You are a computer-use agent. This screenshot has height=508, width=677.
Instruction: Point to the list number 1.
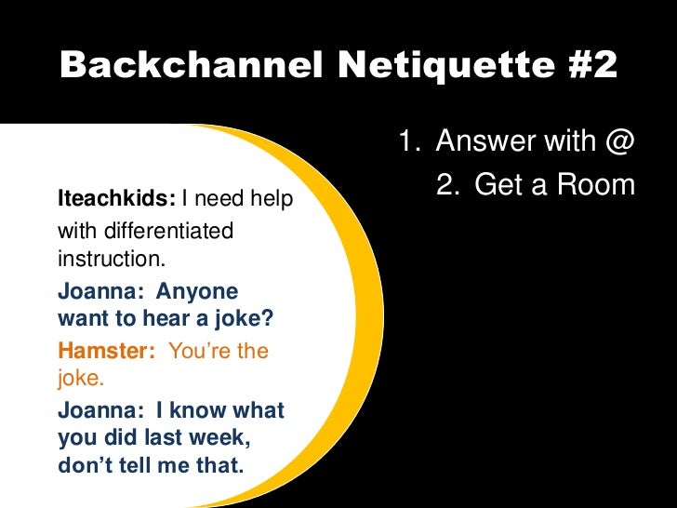click(407, 143)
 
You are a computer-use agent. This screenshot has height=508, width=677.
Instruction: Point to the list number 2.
click(446, 186)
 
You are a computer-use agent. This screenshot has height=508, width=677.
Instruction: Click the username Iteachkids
click(115, 199)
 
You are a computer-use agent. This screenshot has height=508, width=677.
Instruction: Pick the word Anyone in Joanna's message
click(197, 291)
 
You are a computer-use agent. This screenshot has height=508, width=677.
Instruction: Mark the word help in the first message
click(272, 199)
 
